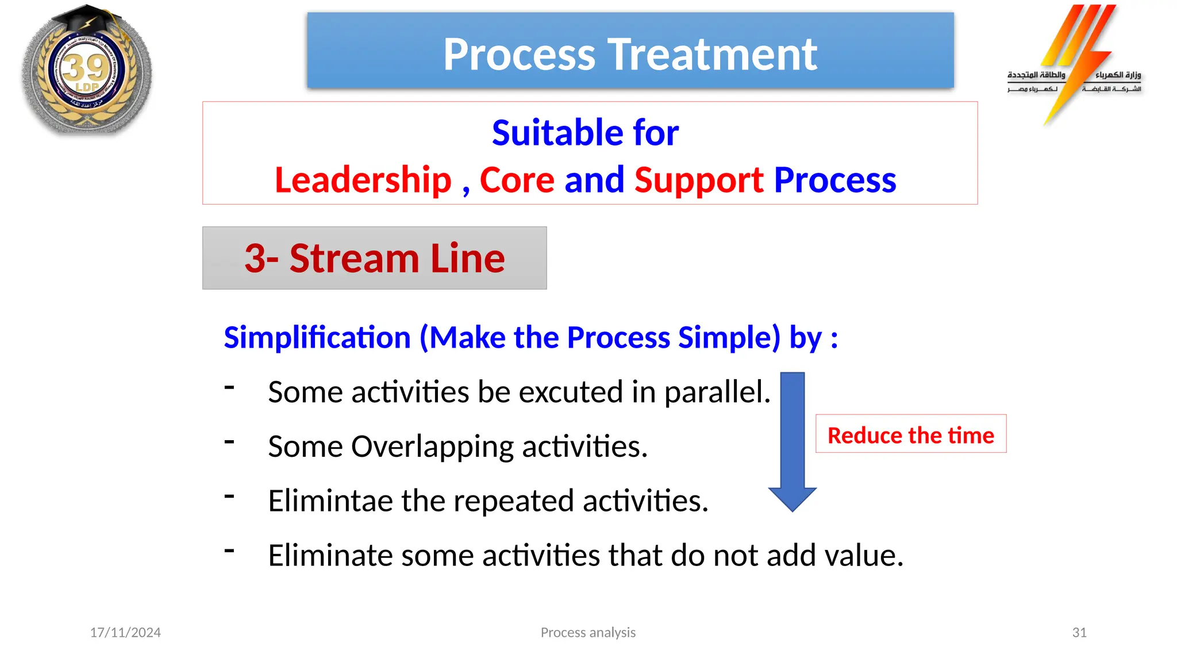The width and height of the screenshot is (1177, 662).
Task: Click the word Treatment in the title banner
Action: coord(712,55)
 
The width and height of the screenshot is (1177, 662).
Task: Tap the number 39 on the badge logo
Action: coord(86,68)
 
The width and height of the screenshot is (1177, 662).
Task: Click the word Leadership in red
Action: coord(363,180)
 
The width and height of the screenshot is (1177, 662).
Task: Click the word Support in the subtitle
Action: coord(699,180)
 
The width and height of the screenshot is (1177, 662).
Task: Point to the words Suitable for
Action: coord(585,133)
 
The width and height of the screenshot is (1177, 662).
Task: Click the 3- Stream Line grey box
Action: coord(374,258)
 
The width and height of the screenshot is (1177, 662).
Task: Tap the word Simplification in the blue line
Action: coord(317,337)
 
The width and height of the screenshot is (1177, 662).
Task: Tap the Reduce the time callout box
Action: coord(910,434)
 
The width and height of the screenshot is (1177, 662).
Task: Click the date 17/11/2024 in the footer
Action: coord(125,633)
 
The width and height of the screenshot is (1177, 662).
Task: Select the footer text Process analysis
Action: coord(588,633)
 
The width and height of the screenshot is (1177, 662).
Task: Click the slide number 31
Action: coord(1079,633)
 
